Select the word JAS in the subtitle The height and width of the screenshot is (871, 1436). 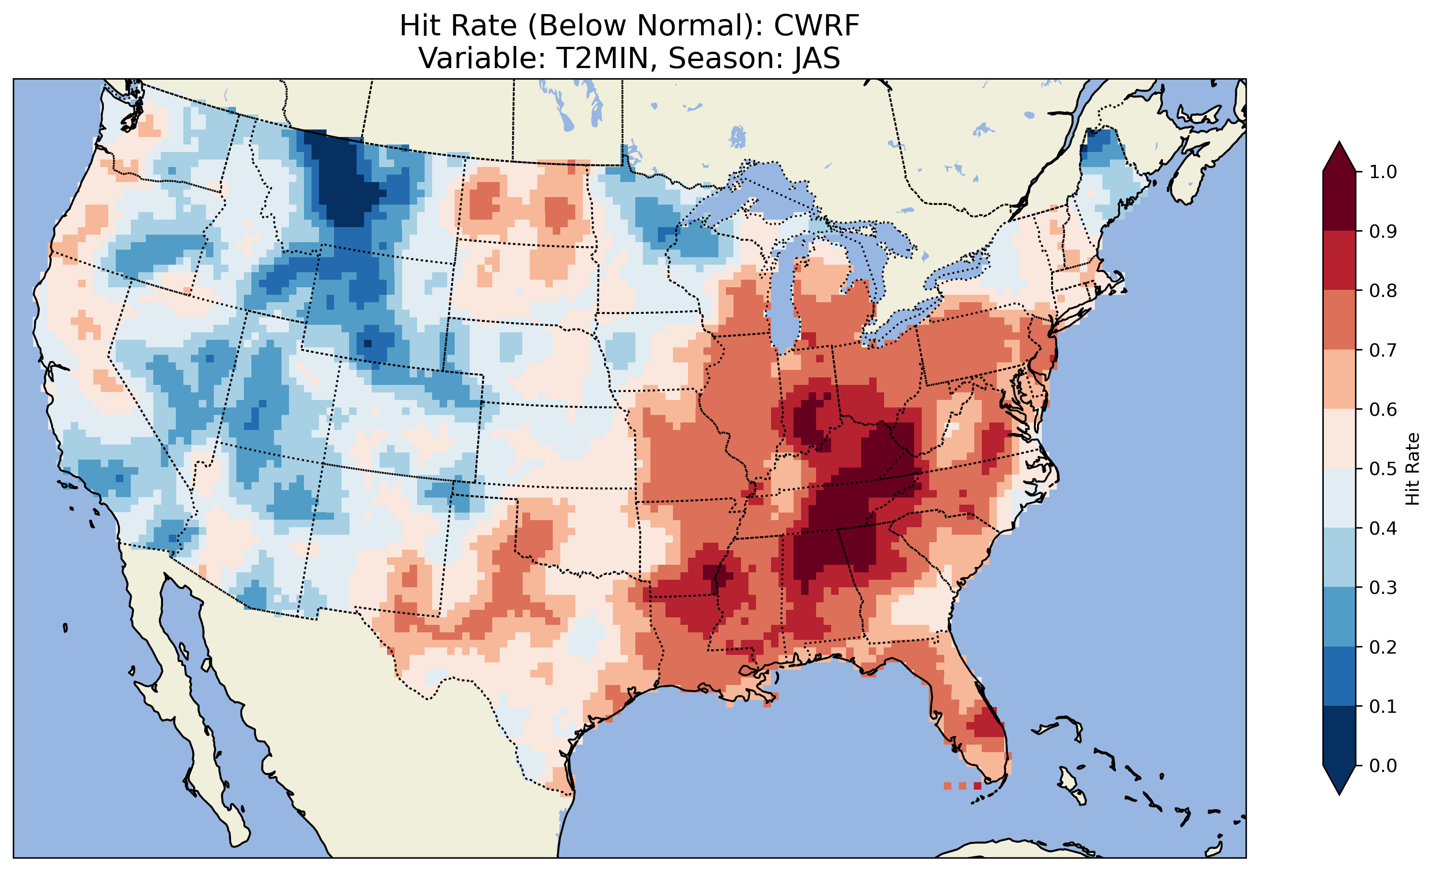(x=816, y=58)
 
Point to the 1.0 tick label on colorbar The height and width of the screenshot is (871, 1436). (x=1383, y=172)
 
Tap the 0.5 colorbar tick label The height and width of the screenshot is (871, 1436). (x=1383, y=469)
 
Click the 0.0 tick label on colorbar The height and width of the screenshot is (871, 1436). (x=1383, y=765)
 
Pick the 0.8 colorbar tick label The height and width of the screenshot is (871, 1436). (x=1383, y=290)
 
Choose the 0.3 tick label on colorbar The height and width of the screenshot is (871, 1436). (x=1383, y=588)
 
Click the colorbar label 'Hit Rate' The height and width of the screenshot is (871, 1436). (x=1412, y=469)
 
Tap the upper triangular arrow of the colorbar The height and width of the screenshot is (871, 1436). (x=1339, y=159)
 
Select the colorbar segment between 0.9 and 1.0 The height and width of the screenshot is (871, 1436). (x=1339, y=201)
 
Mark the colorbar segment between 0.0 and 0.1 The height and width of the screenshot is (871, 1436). (x=1339, y=736)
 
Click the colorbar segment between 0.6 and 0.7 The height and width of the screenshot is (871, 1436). (x=1339, y=379)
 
